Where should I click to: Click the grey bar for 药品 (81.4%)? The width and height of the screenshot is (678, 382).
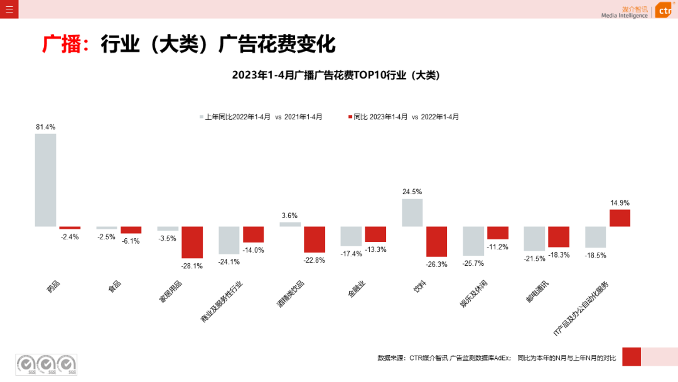coord(45,180)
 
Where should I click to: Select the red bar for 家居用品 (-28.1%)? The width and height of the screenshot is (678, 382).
coord(192,242)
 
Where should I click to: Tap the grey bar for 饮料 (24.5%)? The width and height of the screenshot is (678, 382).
coord(412,212)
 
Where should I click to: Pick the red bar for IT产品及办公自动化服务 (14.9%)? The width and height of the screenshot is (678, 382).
coord(620,218)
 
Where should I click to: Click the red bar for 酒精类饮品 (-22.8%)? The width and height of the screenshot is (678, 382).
coord(315,239)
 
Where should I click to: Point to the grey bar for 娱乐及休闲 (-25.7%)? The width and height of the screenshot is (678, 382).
coord(473,241)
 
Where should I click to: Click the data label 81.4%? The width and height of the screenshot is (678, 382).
coord(45,127)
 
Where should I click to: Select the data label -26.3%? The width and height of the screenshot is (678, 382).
coord(437,265)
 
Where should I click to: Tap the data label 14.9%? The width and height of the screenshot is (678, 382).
coord(620,203)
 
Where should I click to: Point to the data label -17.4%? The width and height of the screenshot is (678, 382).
coord(351,254)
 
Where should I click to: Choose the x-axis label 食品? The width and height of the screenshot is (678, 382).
coord(114,286)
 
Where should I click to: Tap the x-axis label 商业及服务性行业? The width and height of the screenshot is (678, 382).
coord(222,301)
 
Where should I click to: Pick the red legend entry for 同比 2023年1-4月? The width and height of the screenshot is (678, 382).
coord(405,117)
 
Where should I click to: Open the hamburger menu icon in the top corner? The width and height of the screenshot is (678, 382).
coord(9,9)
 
